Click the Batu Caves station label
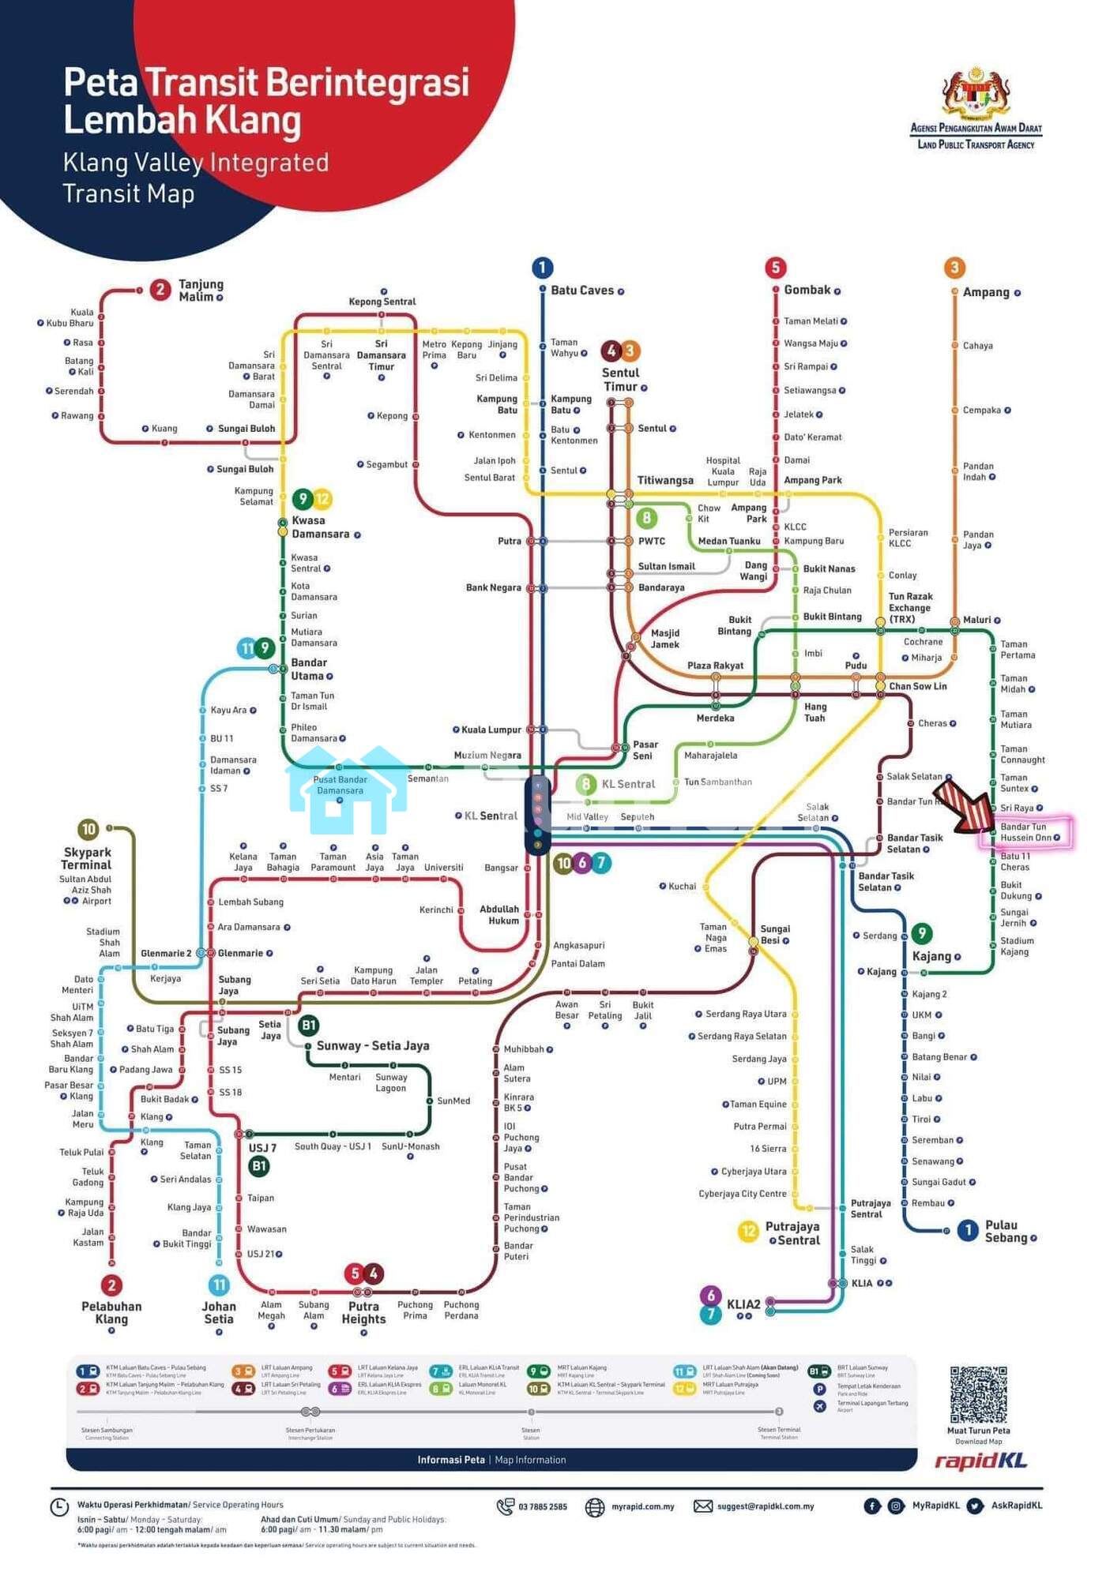pos(581,291)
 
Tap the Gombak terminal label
pos(807,290)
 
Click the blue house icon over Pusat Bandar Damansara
pos(348,791)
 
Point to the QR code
pos(978,1394)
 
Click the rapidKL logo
pos(980,1461)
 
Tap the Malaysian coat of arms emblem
pos(976,92)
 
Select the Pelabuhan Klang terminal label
pos(111,1312)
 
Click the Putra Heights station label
pos(363,1312)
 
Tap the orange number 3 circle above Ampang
pos(954,268)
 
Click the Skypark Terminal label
pos(87,858)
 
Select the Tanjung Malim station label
pos(201,290)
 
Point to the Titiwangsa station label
pos(665,480)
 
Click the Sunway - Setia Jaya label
pos(372,1045)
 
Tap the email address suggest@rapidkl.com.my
pos(765,1506)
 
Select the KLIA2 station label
pos(743,1304)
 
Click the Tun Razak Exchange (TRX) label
pos(910,608)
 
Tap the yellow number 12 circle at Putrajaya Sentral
pos(747,1232)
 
